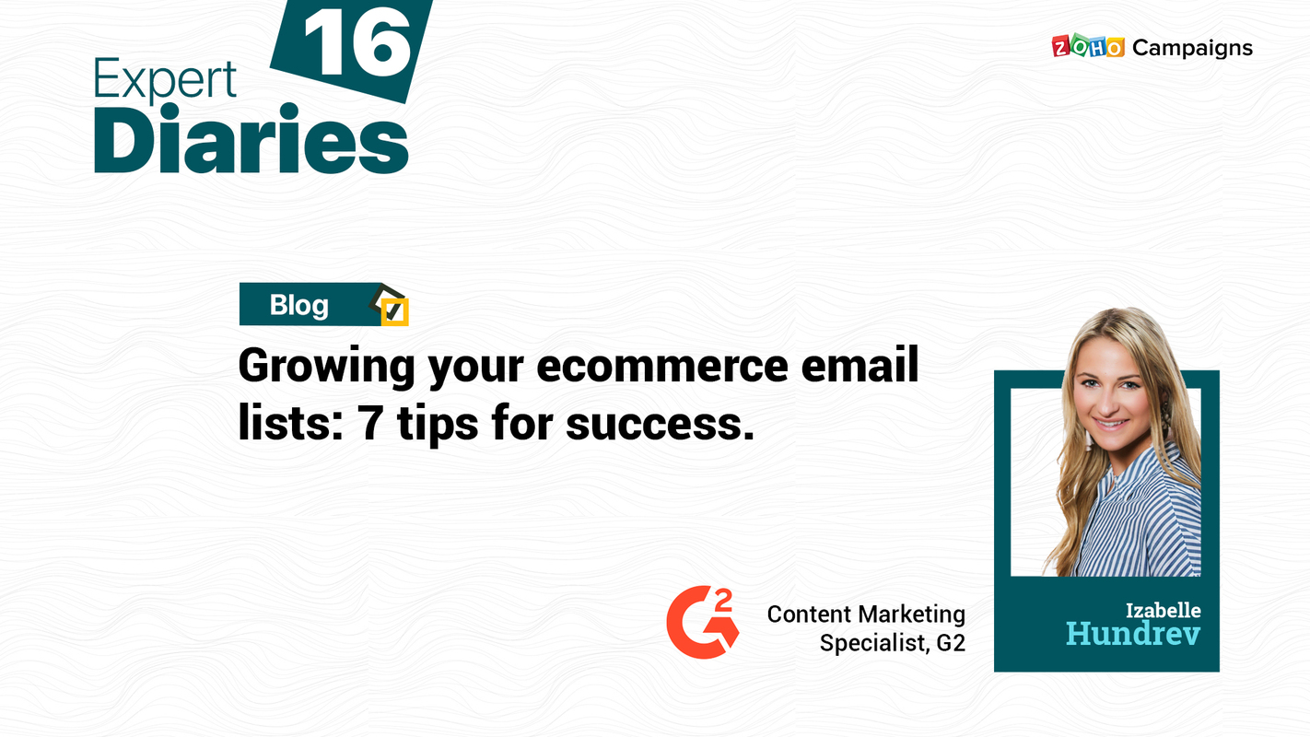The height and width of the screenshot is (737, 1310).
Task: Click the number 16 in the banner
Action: pos(357,43)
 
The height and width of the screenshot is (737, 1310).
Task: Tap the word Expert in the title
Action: pos(165,82)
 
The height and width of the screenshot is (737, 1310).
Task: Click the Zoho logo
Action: pos(1087,47)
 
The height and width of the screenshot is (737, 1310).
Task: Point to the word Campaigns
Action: pos(1192,48)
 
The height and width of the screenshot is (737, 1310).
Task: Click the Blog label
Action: pos(298,305)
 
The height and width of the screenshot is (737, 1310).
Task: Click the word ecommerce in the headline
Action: pos(661,367)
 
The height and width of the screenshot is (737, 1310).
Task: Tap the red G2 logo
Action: pos(702,622)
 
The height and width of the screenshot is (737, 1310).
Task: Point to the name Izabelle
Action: pos(1163,610)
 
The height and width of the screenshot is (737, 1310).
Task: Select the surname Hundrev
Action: pos(1133,634)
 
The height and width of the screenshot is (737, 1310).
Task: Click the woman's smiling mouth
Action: pos(1112,423)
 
